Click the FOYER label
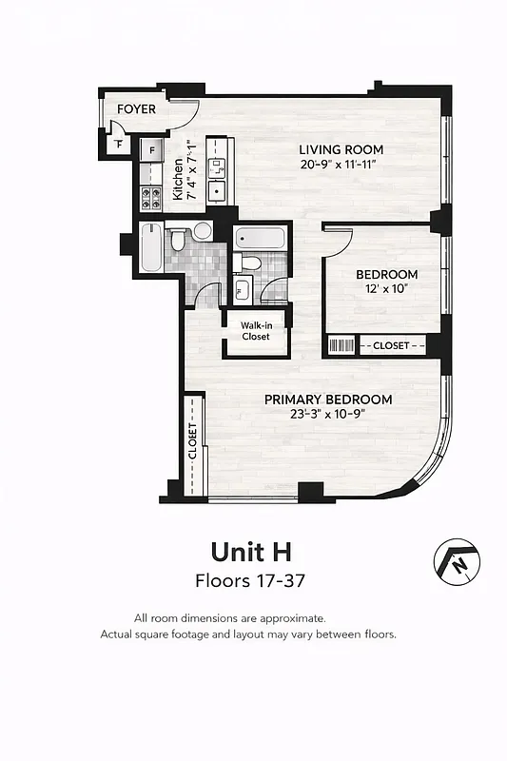click(x=136, y=109)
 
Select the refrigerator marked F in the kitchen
click(x=151, y=150)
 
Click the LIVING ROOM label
click(x=341, y=149)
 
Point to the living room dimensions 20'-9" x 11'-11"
click(x=341, y=165)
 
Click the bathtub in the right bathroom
click(x=259, y=237)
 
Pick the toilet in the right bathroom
click(x=252, y=263)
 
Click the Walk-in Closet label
click(x=255, y=331)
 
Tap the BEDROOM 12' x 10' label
click(x=386, y=281)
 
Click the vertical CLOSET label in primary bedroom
click(x=193, y=441)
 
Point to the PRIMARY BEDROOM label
click(x=328, y=399)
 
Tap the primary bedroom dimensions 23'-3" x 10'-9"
click(x=328, y=414)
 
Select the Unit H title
click(x=250, y=552)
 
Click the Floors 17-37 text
click(x=250, y=579)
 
